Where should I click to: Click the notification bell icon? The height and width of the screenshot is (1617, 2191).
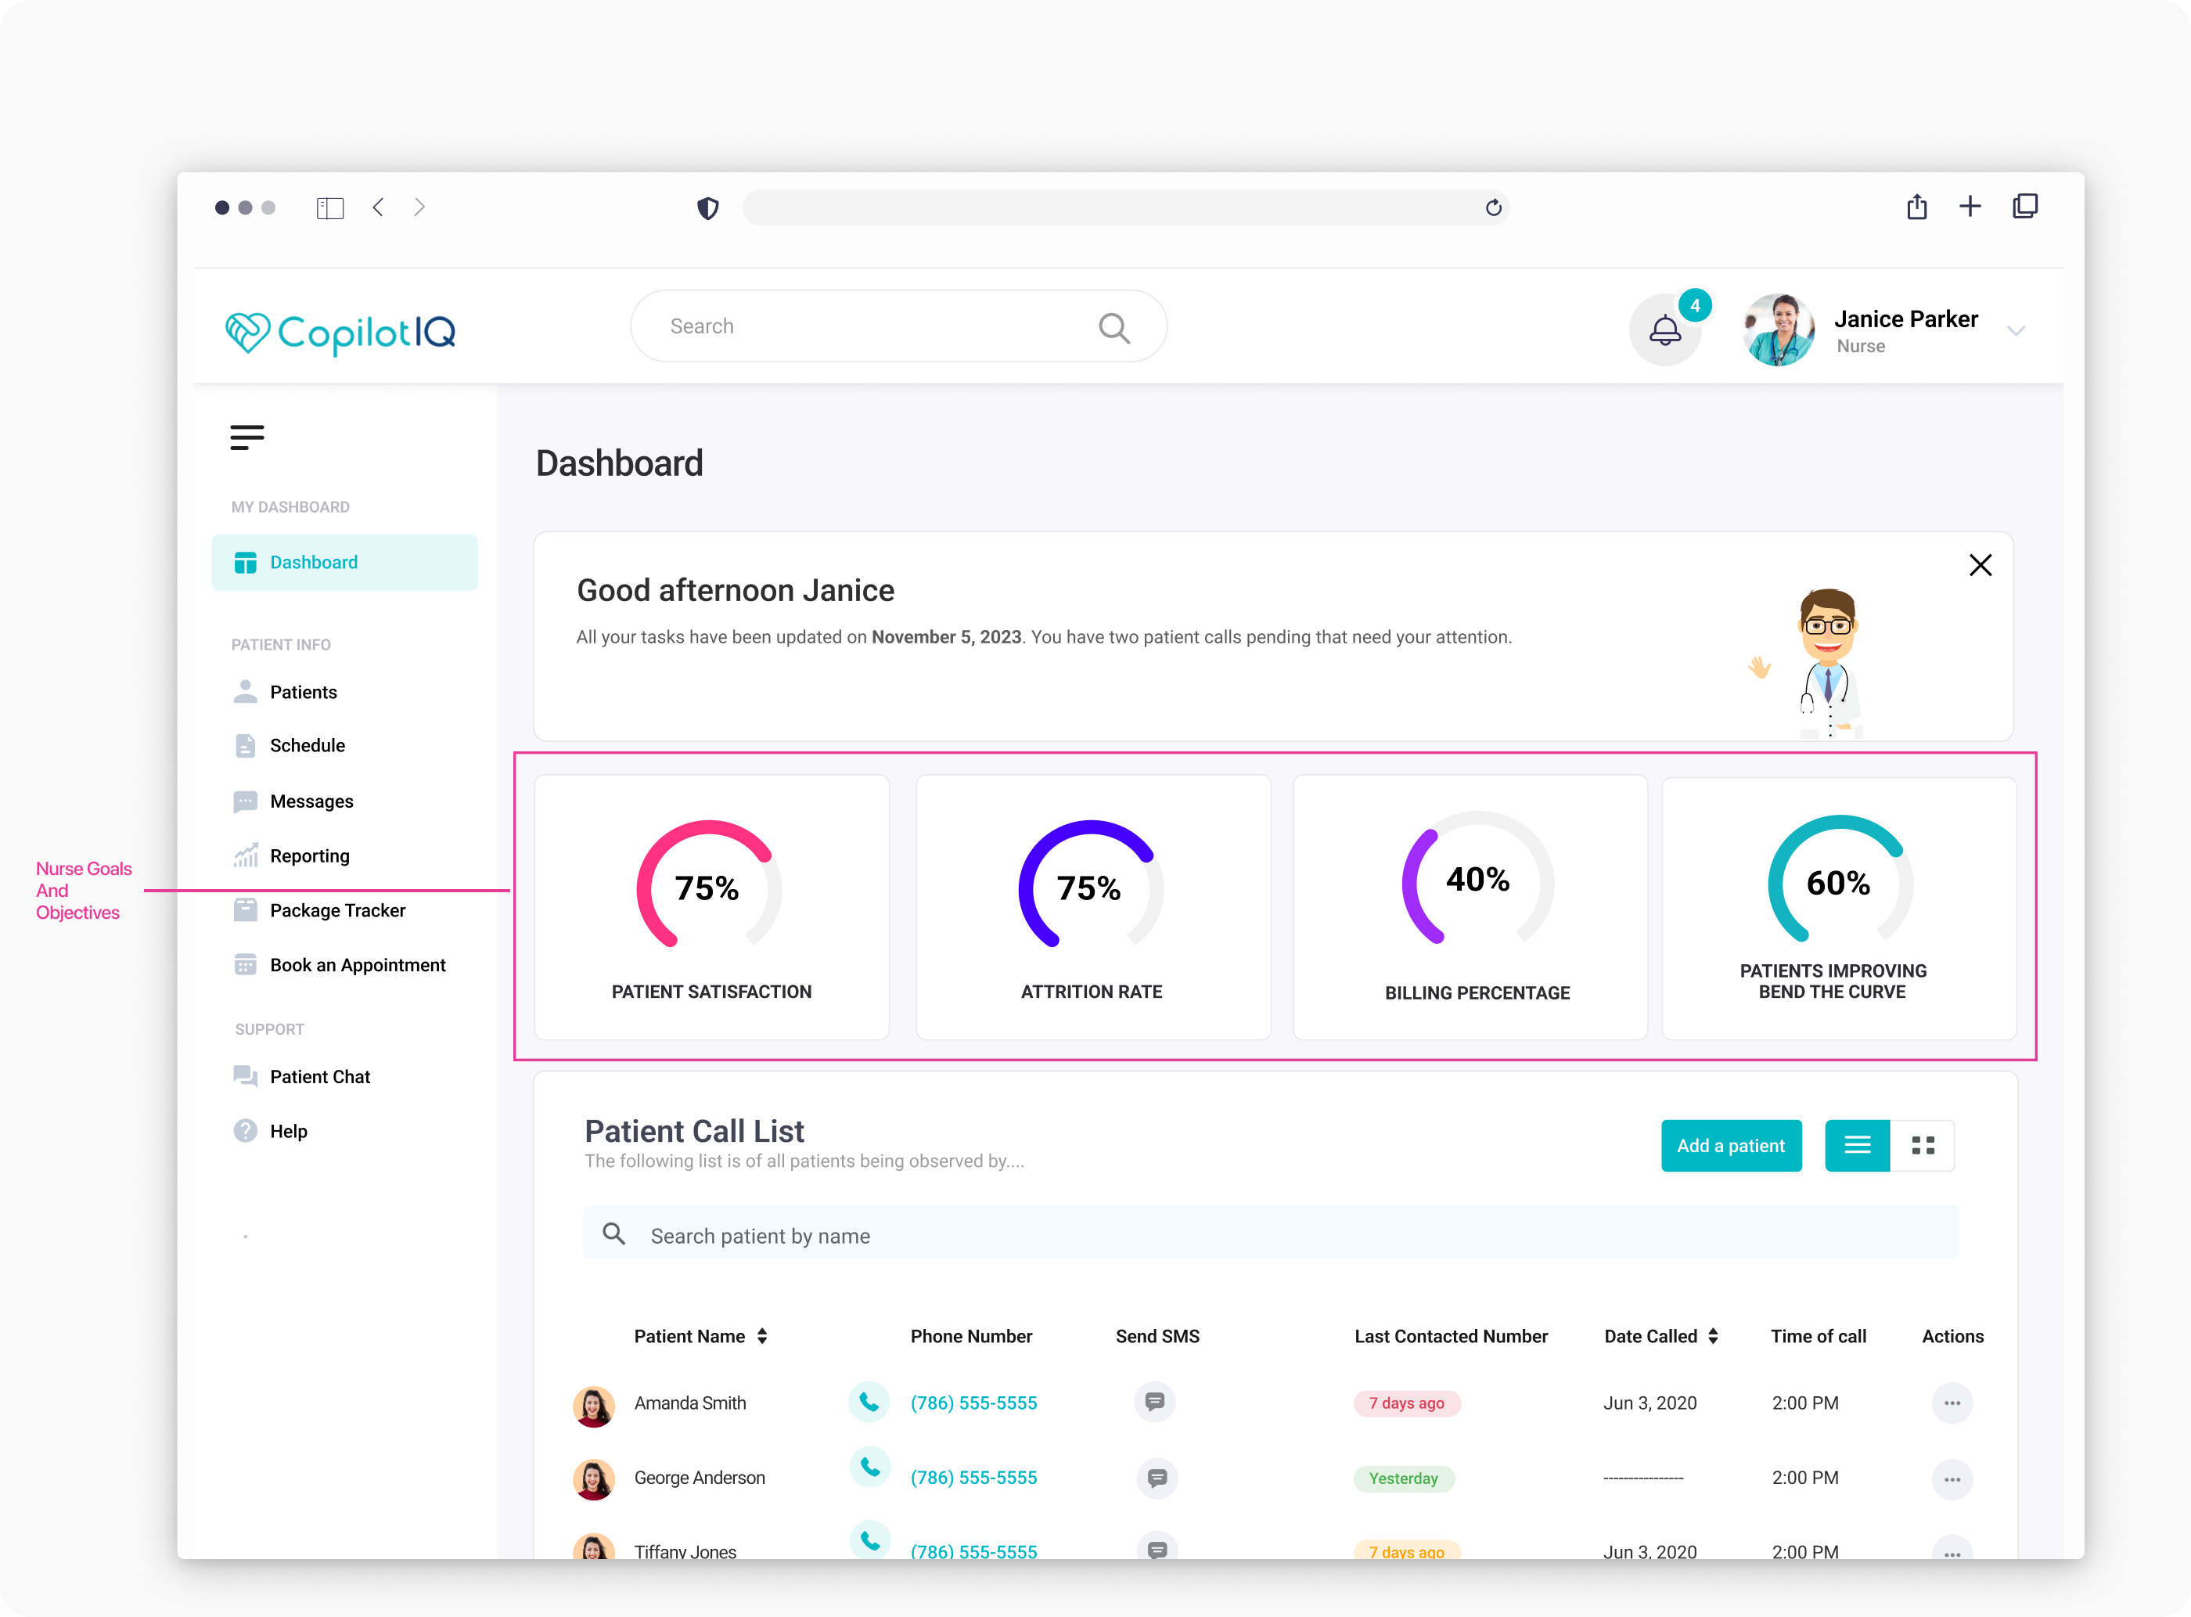pyautogui.click(x=1664, y=330)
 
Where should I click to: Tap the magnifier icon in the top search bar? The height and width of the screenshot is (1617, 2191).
pyautogui.click(x=1113, y=327)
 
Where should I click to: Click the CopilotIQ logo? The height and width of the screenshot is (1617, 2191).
pyautogui.click(x=340, y=332)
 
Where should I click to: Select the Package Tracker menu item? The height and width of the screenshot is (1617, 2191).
pyautogui.click(x=336, y=910)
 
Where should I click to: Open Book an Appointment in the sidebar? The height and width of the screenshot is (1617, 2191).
pyautogui.click(x=357, y=965)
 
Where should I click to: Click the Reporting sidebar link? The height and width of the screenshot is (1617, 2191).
pyautogui.click(x=309, y=855)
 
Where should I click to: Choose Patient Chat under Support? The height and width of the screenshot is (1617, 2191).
pyautogui.click(x=319, y=1077)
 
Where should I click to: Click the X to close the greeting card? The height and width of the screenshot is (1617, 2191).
pyautogui.click(x=1980, y=565)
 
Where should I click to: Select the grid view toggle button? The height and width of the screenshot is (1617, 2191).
pyautogui.click(x=1923, y=1145)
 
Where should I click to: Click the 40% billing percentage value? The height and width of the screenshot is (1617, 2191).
pyautogui.click(x=1477, y=879)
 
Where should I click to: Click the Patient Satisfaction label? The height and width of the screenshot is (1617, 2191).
pyautogui.click(x=711, y=992)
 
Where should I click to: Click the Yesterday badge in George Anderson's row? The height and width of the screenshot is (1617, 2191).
pyautogui.click(x=1403, y=1478)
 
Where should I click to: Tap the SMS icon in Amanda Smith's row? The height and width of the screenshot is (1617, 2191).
pyautogui.click(x=1155, y=1402)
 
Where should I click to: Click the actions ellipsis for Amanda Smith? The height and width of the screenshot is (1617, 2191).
pyautogui.click(x=1952, y=1403)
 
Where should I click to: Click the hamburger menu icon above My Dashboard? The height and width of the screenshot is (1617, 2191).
pyautogui.click(x=246, y=437)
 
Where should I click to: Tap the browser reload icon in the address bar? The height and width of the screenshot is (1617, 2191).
pyautogui.click(x=1493, y=207)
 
